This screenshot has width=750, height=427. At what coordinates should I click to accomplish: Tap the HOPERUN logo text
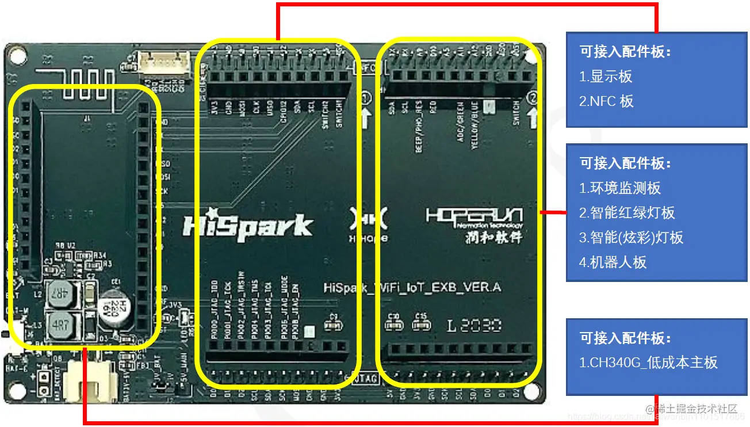pos(474,217)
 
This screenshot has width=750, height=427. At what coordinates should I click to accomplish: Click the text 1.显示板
pos(606,77)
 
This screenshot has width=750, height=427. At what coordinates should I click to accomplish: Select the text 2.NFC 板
pos(606,101)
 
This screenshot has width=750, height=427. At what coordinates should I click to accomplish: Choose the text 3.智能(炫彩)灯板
pos(631,238)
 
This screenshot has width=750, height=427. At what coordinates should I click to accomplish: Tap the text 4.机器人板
pos(613,262)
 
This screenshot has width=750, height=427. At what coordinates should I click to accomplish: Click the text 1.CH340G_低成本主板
pos(648,363)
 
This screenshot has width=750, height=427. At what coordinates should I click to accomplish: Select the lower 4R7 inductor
pos(60,325)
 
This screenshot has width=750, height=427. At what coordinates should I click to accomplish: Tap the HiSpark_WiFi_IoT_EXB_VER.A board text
pos(412,287)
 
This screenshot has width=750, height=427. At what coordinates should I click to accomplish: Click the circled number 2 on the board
pos(533,98)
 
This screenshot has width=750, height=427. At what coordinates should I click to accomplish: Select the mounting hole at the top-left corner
pos(18,56)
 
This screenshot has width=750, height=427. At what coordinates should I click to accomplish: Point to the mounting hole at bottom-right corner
pos(532,391)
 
